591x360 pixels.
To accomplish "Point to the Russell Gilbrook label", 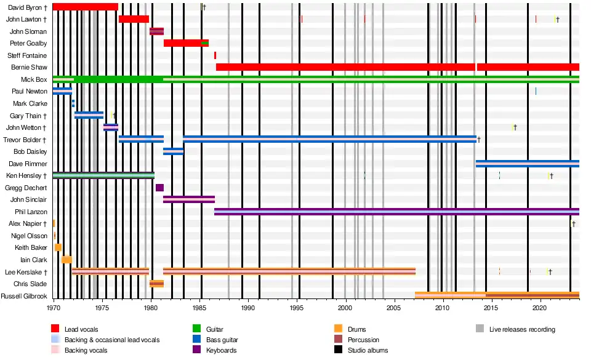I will [23, 295].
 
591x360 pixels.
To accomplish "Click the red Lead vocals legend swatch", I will [55, 329].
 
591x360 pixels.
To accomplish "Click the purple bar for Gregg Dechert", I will [159, 188].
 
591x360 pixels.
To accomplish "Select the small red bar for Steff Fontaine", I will [215, 55].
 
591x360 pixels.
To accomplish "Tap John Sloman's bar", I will [156, 31].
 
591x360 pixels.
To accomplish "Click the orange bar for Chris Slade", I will [156, 284].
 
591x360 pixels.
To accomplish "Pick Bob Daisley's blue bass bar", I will [173, 151].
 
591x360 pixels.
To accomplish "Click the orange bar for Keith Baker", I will [58, 247].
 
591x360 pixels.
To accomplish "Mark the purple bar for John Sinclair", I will [188, 199].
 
